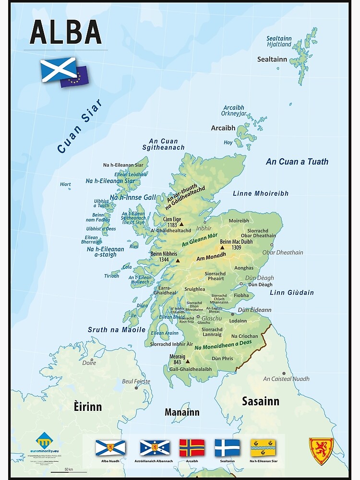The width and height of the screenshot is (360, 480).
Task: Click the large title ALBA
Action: pos(66,33)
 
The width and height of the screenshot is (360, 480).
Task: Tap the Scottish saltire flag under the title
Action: pos(58,69)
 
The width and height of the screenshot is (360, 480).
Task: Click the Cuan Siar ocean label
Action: pos(80,126)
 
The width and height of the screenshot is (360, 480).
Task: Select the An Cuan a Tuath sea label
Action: pos(297,162)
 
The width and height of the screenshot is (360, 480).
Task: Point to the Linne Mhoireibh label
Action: pos(261,193)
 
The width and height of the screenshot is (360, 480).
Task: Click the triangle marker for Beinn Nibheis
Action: pos(178,261)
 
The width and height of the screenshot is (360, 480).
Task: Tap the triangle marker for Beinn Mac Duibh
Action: pos(222,248)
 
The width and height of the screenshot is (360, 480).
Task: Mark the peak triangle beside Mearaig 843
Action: pos(187,361)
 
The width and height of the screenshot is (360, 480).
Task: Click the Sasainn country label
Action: pos(260,401)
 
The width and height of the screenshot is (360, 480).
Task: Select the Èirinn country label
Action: pos(88,407)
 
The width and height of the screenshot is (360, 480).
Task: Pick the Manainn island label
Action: pos(181,412)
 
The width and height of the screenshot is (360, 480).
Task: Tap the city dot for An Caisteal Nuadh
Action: pos(284,373)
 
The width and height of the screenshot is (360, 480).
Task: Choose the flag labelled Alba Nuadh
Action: pos(110,447)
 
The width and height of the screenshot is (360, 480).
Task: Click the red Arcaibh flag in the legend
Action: pos(192,447)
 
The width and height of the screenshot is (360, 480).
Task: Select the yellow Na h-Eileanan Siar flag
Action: pos(263,447)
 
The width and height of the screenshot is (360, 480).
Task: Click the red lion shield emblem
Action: pos(321,451)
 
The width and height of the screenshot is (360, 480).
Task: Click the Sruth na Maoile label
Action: pos(116,330)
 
